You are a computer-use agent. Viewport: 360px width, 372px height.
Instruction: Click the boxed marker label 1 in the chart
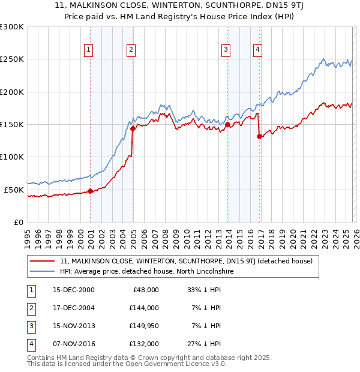(89, 50)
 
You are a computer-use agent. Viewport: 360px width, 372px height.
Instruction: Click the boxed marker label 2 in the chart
(131, 50)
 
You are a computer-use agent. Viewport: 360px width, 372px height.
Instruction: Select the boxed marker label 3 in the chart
(226, 50)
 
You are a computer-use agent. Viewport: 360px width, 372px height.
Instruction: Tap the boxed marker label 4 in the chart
(257, 50)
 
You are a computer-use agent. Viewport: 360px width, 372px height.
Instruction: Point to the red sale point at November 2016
(259, 136)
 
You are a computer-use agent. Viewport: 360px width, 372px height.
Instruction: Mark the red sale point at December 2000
(90, 191)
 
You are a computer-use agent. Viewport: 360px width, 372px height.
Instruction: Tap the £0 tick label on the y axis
(18, 222)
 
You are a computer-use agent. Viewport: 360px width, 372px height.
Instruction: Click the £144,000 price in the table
(144, 307)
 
